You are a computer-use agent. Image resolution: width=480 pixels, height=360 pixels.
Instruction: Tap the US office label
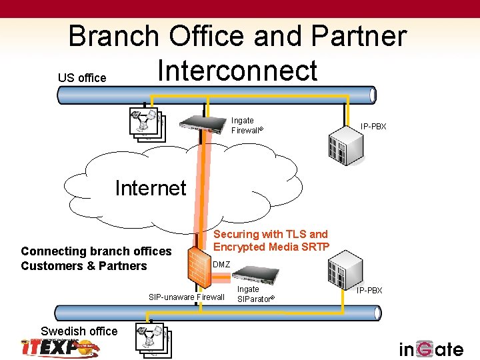click(x=82, y=78)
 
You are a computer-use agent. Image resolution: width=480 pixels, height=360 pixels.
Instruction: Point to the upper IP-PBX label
click(x=373, y=126)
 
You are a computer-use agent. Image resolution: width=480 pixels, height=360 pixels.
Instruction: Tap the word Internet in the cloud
click(x=151, y=188)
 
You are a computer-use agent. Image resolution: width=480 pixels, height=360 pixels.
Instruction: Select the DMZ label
click(x=221, y=265)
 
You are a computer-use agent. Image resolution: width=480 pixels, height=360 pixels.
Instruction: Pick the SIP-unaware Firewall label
click(x=187, y=297)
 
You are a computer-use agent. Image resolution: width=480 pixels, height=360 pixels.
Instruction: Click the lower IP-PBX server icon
click(x=345, y=274)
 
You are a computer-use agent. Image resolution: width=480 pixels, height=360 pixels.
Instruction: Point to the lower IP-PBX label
click(x=369, y=291)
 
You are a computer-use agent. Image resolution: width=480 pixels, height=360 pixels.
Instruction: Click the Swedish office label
click(x=79, y=331)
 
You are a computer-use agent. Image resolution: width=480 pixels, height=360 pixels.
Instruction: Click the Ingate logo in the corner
click(x=431, y=349)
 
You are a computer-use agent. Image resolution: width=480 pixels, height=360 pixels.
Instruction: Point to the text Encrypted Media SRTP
click(x=271, y=247)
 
